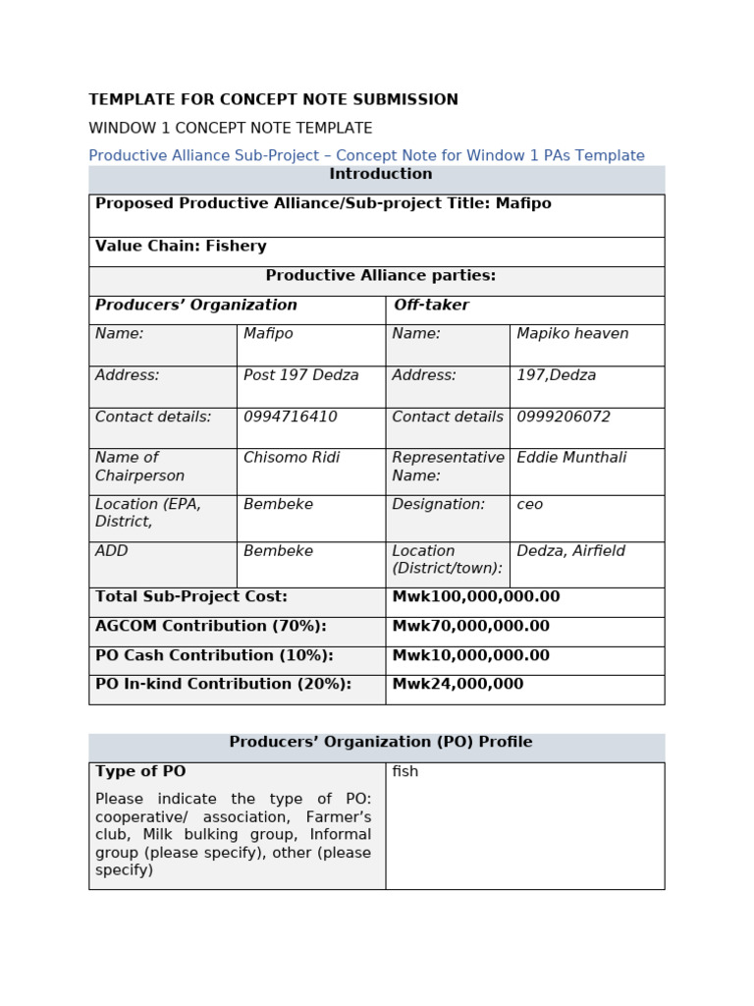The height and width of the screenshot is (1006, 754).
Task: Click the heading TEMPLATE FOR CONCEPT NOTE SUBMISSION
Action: click(273, 100)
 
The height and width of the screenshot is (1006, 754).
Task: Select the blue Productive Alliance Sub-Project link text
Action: click(366, 156)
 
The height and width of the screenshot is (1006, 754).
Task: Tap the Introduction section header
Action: click(380, 175)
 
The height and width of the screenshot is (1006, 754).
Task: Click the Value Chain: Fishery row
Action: click(181, 247)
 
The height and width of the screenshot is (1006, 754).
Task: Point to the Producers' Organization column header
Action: click(195, 306)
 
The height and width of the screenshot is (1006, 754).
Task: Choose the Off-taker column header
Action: click(431, 306)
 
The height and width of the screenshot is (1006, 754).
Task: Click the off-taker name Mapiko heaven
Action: click(572, 334)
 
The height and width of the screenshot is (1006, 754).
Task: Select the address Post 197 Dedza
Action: click(300, 375)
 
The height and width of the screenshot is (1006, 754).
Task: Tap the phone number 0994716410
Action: click(290, 417)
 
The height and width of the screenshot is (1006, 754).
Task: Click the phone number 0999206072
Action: click(564, 417)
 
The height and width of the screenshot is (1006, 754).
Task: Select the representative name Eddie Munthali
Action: click(571, 458)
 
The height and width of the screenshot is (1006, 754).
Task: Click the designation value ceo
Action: click(529, 504)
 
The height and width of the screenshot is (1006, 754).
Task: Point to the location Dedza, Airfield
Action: click(570, 551)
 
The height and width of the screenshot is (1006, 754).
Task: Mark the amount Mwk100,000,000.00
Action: click(475, 596)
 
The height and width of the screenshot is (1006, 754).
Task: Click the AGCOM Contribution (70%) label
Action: click(210, 626)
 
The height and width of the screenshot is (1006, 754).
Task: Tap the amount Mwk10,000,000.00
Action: click(470, 655)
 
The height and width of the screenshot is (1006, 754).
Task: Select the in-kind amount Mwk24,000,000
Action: click(458, 684)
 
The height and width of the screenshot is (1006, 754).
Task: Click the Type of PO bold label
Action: click(140, 772)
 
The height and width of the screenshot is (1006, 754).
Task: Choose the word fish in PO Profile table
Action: click(404, 772)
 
